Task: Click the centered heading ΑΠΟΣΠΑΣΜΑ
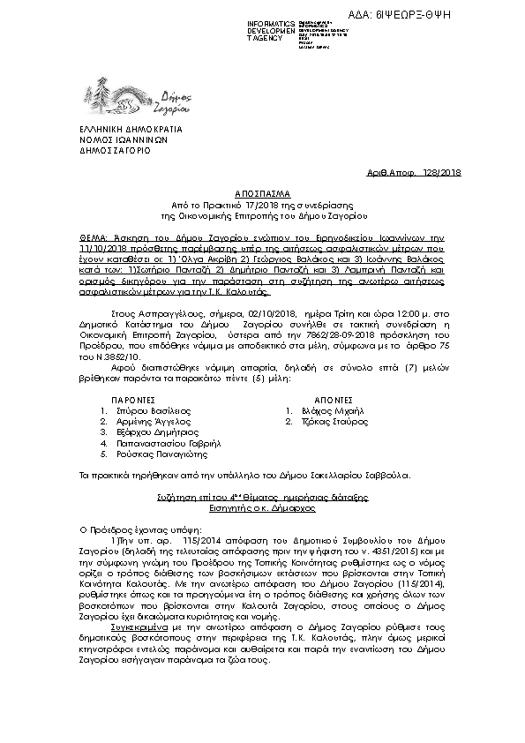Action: click(262, 191)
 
